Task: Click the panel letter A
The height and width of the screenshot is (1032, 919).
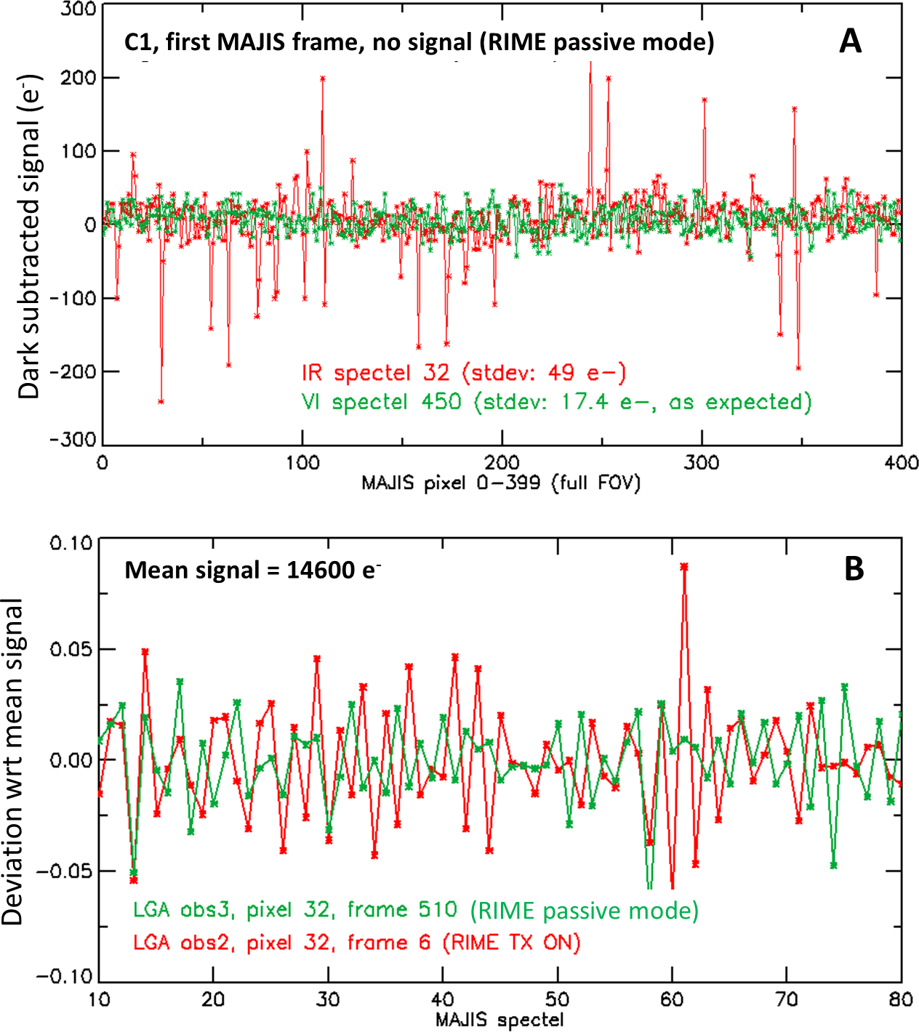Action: pyautogui.click(x=850, y=41)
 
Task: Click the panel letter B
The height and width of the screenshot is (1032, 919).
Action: pyautogui.click(x=854, y=569)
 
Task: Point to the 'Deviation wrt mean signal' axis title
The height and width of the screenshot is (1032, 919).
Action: pyautogui.click(x=13, y=762)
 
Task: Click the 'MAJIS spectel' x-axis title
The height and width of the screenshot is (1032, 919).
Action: pyautogui.click(x=499, y=1020)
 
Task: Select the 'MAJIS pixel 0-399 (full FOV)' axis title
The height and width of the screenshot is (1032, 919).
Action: pyautogui.click(x=501, y=483)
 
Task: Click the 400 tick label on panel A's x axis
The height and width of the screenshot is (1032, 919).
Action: pyautogui.click(x=902, y=463)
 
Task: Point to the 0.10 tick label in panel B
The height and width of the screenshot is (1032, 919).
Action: pyautogui.click(x=71, y=543)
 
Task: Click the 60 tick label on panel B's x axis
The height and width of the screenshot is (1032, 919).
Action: pyautogui.click(x=672, y=999)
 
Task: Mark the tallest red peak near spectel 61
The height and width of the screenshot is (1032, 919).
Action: pyautogui.click(x=683, y=566)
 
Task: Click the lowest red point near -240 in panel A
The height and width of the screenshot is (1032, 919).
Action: pyautogui.click(x=161, y=401)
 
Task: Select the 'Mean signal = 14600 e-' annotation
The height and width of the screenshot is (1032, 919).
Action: pyautogui.click(x=252, y=571)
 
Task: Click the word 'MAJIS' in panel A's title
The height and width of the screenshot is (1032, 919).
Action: pyautogui.click(x=252, y=42)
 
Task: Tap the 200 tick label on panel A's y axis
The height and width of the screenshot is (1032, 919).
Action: pyautogui.click(x=79, y=78)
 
